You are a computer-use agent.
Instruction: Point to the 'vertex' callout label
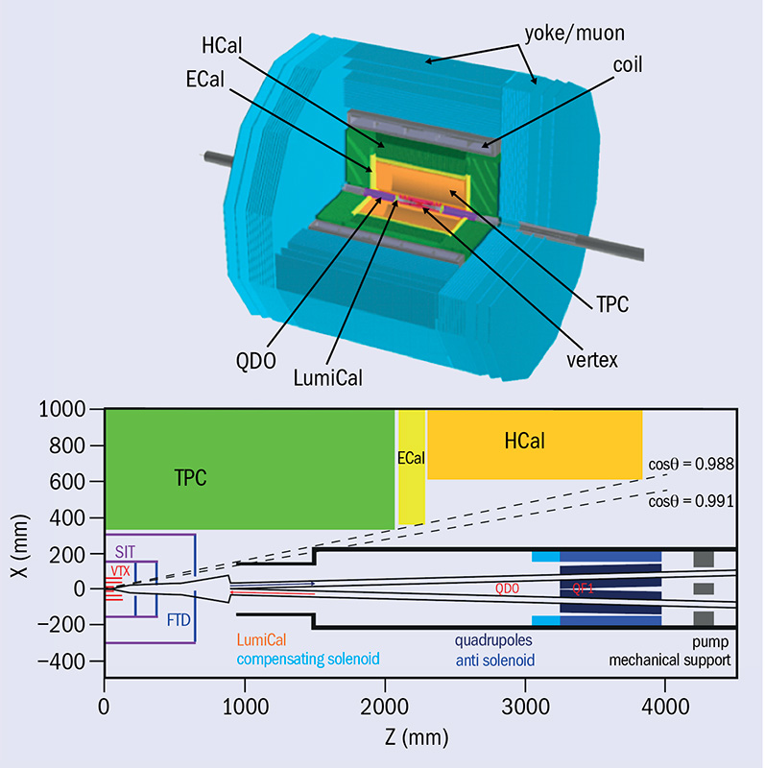590,360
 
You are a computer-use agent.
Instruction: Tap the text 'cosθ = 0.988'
690,465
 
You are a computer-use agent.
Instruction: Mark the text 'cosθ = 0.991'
690,501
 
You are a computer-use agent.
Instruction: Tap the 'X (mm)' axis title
16,538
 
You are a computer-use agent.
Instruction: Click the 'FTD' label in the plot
179,619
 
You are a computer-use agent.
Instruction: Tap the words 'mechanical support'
662,660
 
